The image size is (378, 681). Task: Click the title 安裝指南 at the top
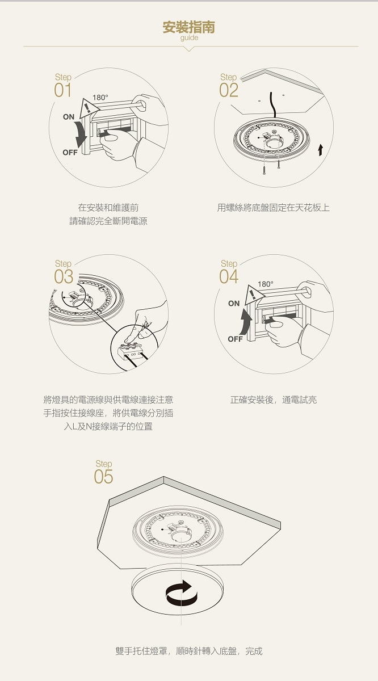tap(188, 27)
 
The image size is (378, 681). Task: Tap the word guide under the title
tap(189, 37)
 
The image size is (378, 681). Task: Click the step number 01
tap(62, 90)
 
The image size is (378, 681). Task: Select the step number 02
tap(228, 90)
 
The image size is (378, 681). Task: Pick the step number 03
tap(64, 277)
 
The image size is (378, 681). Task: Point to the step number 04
tap(229, 277)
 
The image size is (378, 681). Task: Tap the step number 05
tap(103, 477)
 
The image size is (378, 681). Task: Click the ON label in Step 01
tap(69, 117)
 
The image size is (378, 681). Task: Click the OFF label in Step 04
tap(235, 339)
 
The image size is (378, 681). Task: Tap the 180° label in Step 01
tap(100, 98)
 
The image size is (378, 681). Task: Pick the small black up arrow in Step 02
tap(320, 150)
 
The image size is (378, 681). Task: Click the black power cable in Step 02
tap(272, 105)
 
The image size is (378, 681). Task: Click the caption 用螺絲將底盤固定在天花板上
tap(274, 208)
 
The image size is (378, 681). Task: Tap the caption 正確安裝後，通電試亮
tap(274, 400)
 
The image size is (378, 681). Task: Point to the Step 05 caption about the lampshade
tap(189, 651)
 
